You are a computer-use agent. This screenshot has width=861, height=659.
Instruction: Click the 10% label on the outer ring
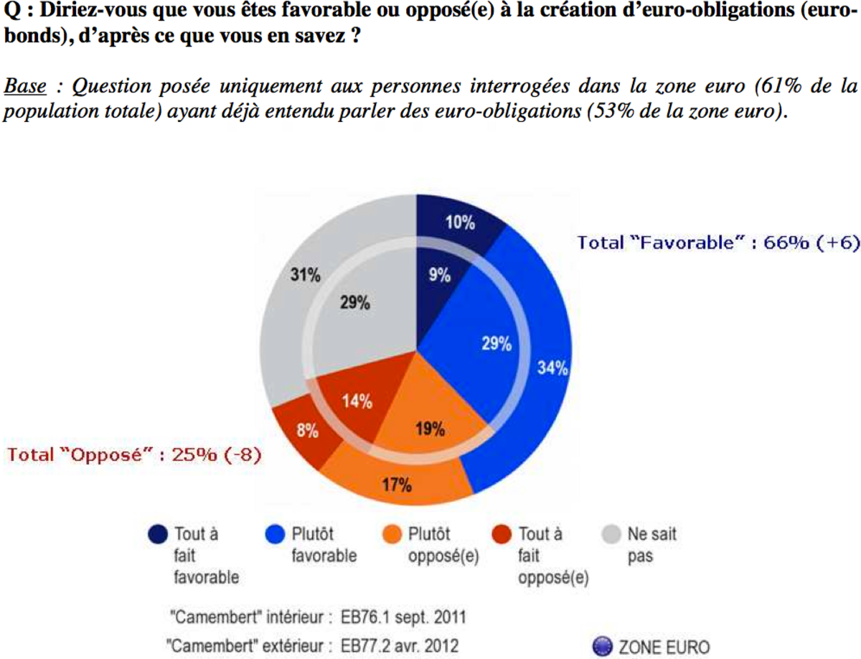pos(459,223)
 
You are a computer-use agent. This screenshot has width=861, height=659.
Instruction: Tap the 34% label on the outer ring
pos(552,368)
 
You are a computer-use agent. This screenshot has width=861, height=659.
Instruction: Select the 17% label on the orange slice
pos(397,485)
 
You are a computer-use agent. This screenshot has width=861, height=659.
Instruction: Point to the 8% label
pos(308,431)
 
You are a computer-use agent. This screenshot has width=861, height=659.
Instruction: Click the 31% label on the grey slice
pos(306,275)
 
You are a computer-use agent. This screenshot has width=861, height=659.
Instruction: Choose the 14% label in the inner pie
pos(357,401)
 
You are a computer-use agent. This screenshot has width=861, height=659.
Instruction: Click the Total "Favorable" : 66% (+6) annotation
pos(718,243)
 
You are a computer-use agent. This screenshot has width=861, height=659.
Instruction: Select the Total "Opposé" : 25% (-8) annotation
pos(133,455)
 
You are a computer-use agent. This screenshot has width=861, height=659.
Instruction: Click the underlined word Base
pos(25,88)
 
